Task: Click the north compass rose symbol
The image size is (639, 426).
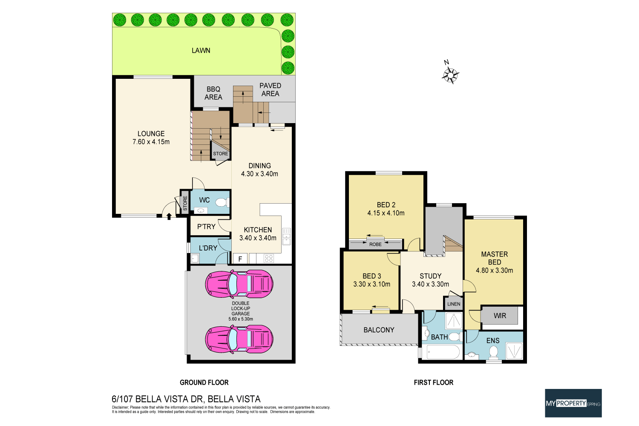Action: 450,75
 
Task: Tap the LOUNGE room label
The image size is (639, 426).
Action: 151,134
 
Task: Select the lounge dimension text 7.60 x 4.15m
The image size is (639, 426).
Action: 151,142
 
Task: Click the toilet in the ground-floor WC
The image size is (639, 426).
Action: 221,202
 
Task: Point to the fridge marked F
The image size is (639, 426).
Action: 240,259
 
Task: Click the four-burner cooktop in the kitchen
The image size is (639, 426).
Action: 268,258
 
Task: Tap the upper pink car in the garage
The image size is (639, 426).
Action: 239,283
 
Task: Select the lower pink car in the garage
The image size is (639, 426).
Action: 239,339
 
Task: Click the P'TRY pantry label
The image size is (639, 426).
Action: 206,227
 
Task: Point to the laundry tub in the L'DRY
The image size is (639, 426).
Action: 195,258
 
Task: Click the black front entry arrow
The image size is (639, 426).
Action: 169,216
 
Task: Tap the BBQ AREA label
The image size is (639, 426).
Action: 213,93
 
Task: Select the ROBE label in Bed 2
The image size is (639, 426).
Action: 375,244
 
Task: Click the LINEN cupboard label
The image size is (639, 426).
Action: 454,304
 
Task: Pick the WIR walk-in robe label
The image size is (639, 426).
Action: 500,316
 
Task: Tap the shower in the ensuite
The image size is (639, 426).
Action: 514,350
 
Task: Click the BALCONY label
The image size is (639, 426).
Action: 379,330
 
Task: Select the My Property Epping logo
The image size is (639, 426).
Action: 573,403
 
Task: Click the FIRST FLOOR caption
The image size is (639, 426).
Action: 433,383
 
